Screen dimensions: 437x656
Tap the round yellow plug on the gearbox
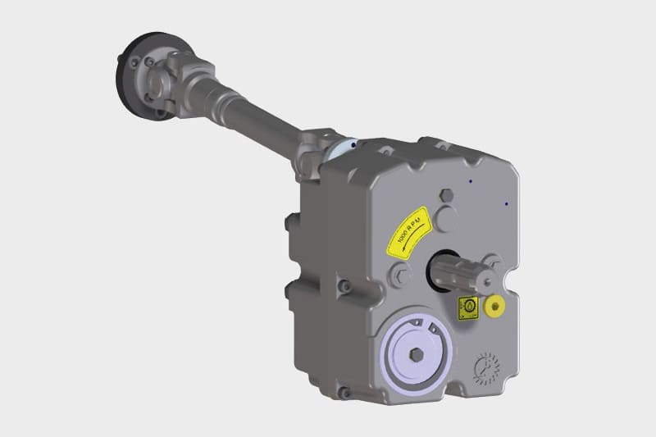click(x=494, y=306)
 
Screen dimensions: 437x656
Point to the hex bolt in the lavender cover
click(x=417, y=356)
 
